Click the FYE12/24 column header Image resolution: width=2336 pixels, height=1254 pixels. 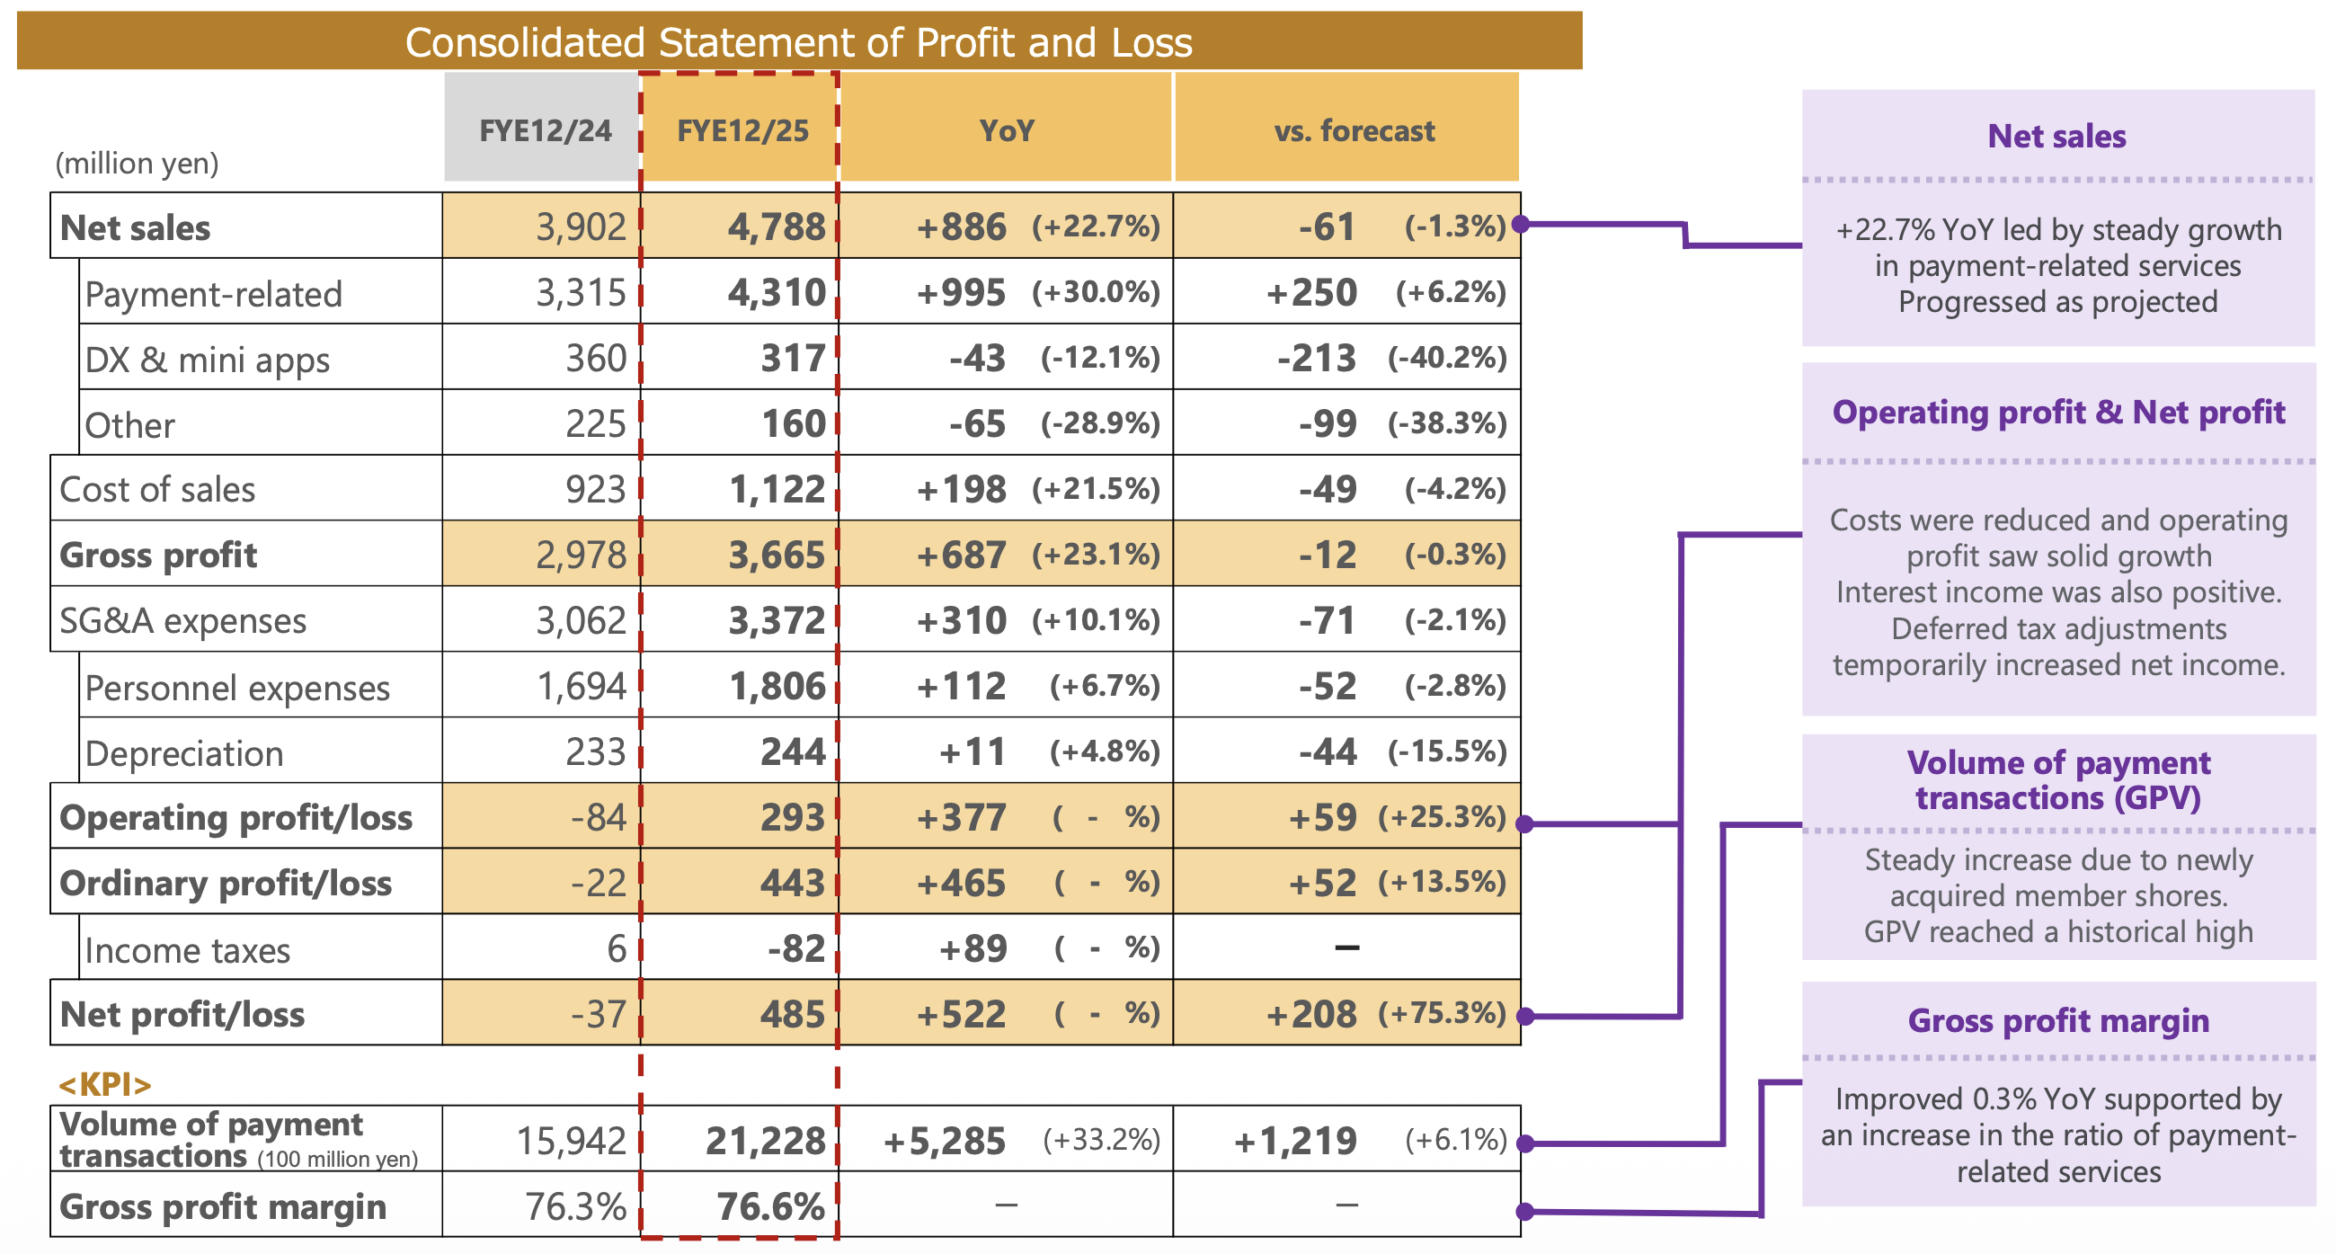point(544,130)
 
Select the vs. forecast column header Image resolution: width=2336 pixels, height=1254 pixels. point(1353,130)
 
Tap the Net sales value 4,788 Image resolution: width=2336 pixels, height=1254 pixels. point(777,227)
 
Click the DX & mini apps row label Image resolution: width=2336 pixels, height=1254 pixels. point(207,360)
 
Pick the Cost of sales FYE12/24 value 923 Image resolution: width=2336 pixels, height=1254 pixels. point(595,490)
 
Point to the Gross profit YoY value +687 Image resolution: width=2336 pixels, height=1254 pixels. point(960,555)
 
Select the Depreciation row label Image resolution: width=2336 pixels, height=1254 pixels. point(184,753)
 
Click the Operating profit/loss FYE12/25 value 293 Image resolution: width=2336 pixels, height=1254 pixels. point(792,817)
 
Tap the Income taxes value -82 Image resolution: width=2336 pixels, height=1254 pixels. point(795,948)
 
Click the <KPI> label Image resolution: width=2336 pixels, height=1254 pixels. point(104,1083)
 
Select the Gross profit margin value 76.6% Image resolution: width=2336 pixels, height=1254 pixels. point(770,1206)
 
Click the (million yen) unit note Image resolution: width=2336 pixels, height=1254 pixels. point(137,164)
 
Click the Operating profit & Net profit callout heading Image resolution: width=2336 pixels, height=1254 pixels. point(2057,413)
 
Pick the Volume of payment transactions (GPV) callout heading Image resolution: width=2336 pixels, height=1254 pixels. point(2057,779)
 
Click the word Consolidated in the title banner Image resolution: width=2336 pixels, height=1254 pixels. point(525,42)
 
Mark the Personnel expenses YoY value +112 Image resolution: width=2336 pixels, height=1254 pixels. point(960,687)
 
